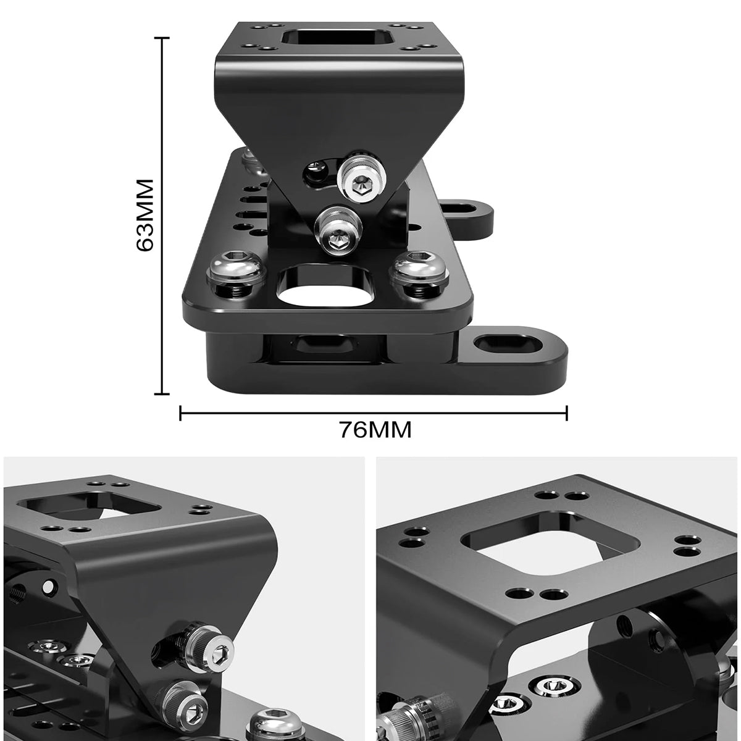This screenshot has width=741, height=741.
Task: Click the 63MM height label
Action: (145, 215)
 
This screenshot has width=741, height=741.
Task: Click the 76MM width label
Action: (375, 430)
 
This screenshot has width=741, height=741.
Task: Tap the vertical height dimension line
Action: (162, 216)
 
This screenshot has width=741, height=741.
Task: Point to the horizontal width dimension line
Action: (374, 413)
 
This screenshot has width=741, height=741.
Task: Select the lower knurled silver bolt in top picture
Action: (338, 232)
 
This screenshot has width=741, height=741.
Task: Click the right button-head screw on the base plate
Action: (419, 275)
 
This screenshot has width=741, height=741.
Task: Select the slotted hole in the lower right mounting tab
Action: (505, 343)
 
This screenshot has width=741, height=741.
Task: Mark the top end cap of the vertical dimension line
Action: (162, 38)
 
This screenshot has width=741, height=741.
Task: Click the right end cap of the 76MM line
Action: (567, 413)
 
